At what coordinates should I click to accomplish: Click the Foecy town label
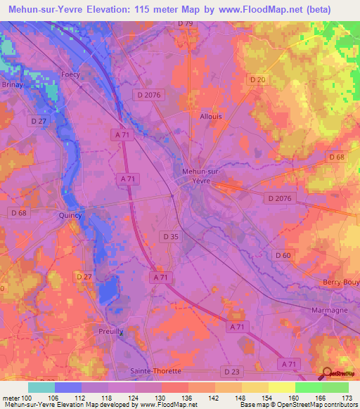(70, 74)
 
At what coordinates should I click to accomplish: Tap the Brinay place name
(12, 84)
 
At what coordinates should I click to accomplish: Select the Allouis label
(211, 117)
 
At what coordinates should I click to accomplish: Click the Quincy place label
(71, 216)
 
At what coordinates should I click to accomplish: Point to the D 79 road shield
(185, 23)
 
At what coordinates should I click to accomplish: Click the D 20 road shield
(257, 80)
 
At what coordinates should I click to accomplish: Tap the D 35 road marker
(169, 236)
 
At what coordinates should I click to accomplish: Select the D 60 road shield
(283, 254)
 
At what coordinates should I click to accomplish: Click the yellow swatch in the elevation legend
(281, 387)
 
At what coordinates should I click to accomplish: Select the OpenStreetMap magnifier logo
(326, 375)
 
